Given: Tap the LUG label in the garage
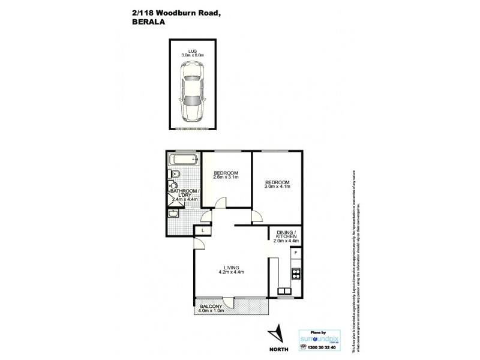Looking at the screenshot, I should [x=193, y=50].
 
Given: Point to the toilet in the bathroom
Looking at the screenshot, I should [x=175, y=175].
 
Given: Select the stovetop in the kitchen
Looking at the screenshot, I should [x=295, y=274].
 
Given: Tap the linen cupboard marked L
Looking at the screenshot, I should [x=203, y=231].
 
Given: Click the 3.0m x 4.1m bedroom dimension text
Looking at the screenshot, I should [x=277, y=187].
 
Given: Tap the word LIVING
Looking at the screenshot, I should [x=231, y=267].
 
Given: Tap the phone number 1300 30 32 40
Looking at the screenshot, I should [x=323, y=349].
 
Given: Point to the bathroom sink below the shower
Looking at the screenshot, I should [x=174, y=213].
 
